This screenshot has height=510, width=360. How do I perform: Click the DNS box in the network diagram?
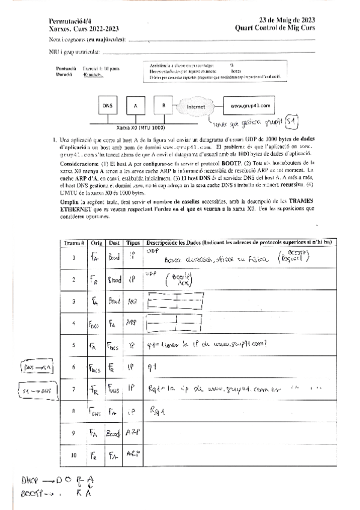108,106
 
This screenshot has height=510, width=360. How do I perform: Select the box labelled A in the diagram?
136,106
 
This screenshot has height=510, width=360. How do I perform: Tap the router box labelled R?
163,106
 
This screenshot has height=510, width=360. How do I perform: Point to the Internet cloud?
197,106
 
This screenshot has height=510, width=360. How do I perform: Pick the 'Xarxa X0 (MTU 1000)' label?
139,127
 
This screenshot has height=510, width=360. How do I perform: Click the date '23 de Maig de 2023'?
284,19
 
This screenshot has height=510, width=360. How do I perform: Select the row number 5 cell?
73,345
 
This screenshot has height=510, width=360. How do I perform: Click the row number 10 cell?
73,455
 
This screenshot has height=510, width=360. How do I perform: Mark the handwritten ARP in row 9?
133,432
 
